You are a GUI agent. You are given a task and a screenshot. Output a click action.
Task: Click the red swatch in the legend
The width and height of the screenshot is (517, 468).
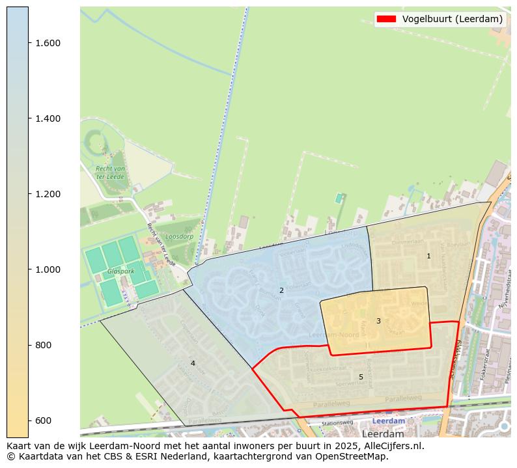385,19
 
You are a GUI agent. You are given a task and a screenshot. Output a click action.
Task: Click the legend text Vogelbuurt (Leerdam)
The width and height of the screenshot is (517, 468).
452,19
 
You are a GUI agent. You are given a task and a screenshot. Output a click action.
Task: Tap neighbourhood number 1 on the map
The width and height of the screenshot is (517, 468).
428,256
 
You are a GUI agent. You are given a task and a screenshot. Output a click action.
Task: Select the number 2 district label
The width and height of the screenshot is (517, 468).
281,290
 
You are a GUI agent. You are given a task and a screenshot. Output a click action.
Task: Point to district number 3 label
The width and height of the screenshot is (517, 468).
378,321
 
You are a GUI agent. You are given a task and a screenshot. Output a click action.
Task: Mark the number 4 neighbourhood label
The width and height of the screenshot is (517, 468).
193,363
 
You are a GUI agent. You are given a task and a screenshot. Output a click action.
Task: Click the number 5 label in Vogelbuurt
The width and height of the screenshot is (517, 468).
361,377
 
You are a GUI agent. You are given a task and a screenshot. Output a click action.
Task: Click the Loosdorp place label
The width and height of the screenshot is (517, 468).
179,237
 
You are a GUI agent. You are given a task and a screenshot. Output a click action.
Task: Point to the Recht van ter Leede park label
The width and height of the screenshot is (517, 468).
110,172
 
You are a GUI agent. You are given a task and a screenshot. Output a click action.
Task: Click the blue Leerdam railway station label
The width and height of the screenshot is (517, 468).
388,421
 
